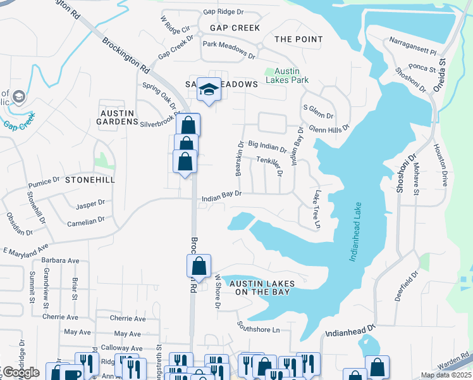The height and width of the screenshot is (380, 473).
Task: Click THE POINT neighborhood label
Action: coord(298,39)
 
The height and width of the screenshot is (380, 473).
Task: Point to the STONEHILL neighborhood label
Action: coord(90,180)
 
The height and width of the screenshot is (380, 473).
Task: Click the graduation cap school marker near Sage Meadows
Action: coord(208,90)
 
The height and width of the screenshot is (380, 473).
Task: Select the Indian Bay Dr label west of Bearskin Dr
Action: coord(221,198)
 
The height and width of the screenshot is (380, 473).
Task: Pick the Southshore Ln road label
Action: coord(258,329)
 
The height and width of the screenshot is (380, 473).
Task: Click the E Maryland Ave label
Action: coord(25,250)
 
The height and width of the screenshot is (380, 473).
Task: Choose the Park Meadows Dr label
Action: coord(228,50)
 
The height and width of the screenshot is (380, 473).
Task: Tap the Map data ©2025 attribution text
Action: coord(446,375)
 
